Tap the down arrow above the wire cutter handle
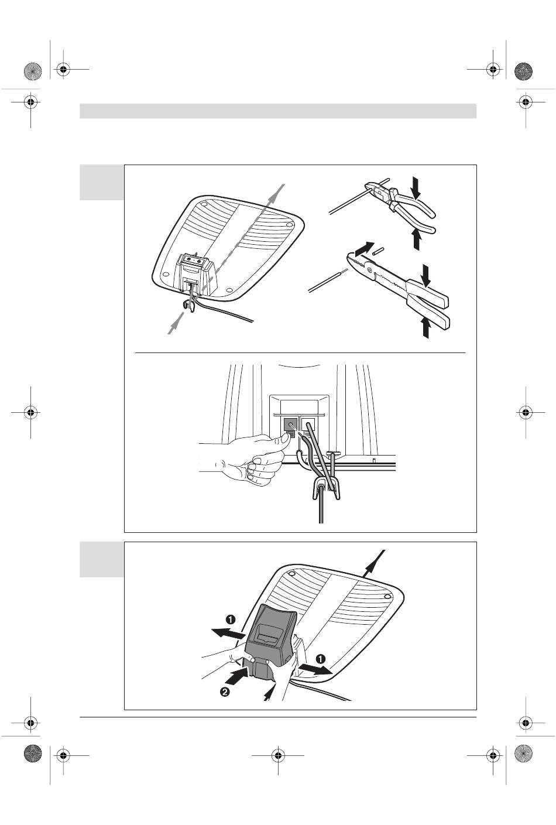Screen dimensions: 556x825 [x=416, y=187]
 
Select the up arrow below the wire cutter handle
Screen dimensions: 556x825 [x=417, y=239]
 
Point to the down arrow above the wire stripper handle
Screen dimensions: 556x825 [x=427, y=275]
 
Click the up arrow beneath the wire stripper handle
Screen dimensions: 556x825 [x=426, y=327]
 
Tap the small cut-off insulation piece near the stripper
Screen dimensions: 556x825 [x=378, y=251]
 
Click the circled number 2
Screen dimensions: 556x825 [x=225, y=692]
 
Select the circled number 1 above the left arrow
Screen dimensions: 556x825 [x=231, y=619]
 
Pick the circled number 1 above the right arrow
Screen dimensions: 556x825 [x=321, y=659]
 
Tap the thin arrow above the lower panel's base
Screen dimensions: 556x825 [x=375, y=563]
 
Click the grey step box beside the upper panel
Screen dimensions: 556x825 [x=102, y=182]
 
